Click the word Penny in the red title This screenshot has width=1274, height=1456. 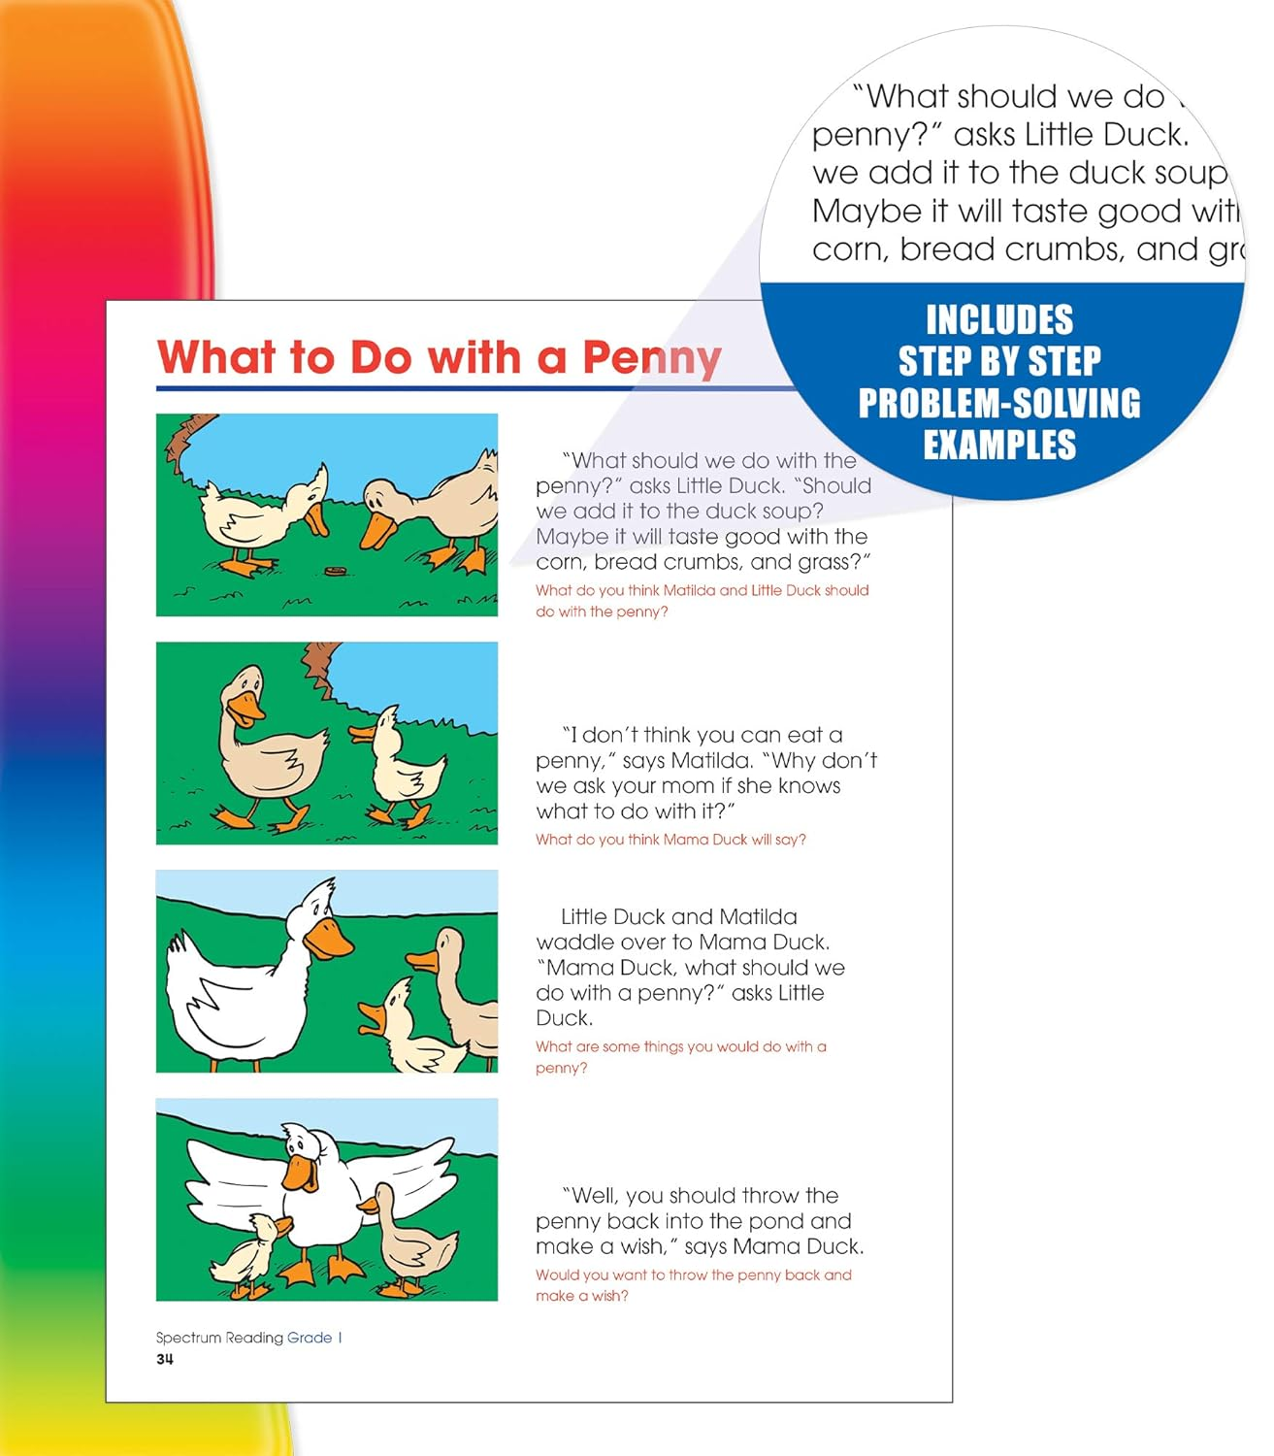(x=651, y=358)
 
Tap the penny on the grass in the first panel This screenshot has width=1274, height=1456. (x=336, y=570)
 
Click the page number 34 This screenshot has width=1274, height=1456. (x=165, y=1359)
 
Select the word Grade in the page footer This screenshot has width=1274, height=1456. (x=310, y=1338)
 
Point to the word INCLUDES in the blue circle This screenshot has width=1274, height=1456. (x=998, y=320)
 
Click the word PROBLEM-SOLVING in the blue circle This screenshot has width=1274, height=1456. (x=998, y=404)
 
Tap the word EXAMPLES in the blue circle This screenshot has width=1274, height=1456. (x=998, y=446)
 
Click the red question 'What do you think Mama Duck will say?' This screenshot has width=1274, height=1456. (x=670, y=840)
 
